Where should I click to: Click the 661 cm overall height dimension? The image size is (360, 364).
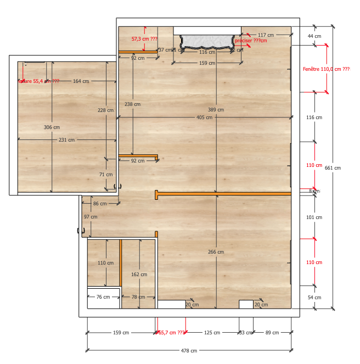click(333, 168)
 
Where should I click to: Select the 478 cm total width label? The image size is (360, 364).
click(189, 351)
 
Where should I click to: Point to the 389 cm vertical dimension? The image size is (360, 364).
click(216, 110)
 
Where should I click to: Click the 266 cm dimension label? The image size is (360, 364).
click(216, 253)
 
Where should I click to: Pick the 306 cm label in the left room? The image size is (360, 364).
click(52, 127)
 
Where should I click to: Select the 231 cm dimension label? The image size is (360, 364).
click(67, 140)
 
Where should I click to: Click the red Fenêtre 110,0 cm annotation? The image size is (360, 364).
click(326, 69)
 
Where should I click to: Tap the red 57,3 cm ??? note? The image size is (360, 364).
click(144, 40)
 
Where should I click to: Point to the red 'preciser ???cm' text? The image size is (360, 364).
click(250, 41)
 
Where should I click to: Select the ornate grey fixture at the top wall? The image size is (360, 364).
click(206, 41)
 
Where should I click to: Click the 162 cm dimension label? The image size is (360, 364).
click(139, 275)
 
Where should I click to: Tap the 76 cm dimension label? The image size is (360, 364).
click(103, 297)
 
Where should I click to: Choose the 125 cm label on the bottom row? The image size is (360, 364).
click(212, 333)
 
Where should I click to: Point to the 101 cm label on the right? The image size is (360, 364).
click(314, 217)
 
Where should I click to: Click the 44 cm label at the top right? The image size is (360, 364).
click(314, 36)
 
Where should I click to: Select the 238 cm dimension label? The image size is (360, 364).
click(132, 104)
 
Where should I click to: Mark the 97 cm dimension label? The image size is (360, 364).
click(91, 217)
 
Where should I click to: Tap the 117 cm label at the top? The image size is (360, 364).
click(266, 35)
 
